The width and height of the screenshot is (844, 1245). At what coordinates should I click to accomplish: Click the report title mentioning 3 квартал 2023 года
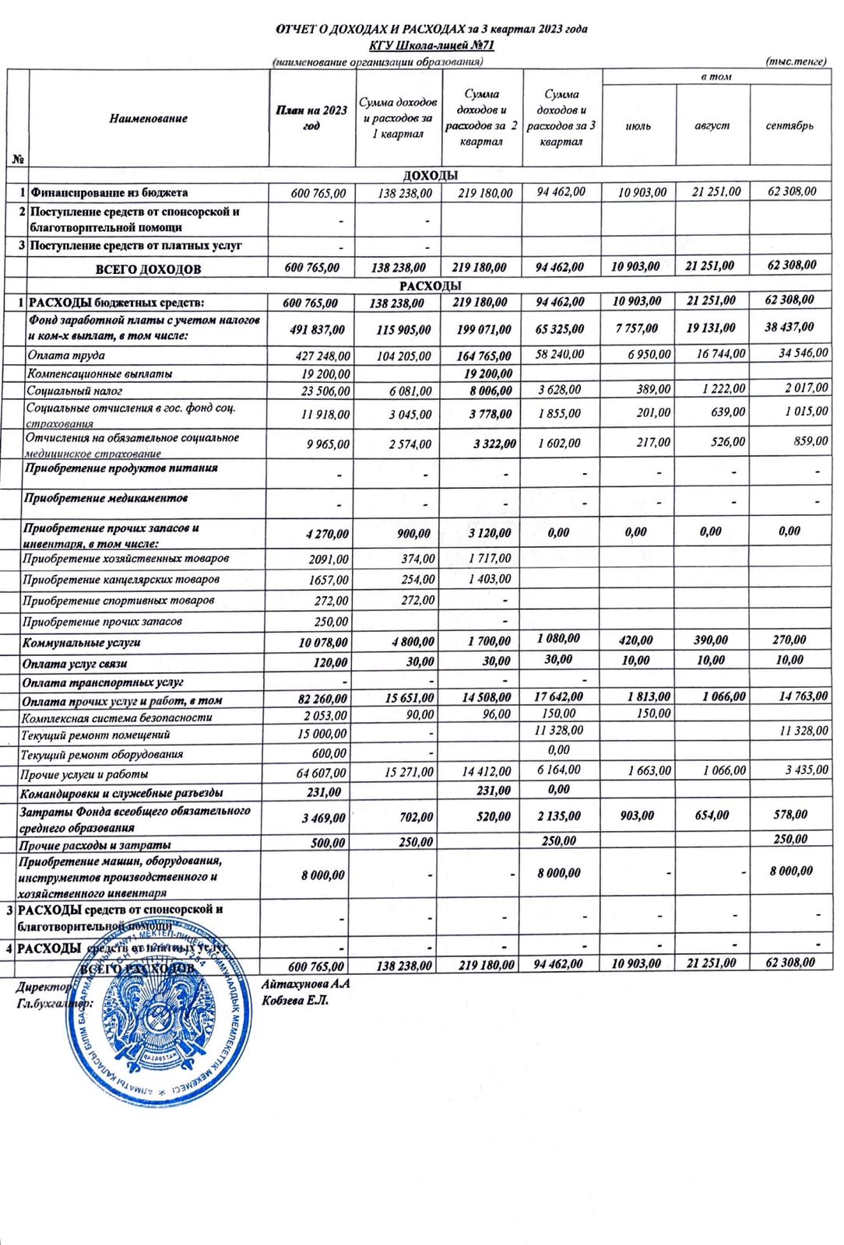tap(431, 30)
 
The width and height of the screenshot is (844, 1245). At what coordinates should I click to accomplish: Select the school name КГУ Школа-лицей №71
tap(431, 45)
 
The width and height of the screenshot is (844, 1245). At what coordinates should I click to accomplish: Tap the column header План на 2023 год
tap(311, 117)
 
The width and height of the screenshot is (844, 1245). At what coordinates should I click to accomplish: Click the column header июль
tap(638, 125)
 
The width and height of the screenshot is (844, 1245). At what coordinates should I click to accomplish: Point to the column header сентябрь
tap(789, 125)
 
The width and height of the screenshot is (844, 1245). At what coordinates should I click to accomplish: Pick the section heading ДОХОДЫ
tap(430, 175)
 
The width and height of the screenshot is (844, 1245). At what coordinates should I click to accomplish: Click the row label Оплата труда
tap(66, 355)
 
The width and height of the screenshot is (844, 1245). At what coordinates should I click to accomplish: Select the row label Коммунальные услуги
tap(82, 643)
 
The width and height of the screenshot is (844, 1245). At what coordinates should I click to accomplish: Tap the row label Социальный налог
tap(74, 391)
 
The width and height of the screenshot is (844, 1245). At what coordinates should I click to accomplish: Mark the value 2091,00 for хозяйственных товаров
tap(329, 559)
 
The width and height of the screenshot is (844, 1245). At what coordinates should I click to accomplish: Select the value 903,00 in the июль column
tap(637, 815)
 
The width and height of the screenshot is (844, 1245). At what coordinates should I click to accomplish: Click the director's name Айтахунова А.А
tap(305, 984)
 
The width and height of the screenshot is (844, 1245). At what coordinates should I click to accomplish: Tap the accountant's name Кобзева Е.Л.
tap(295, 1000)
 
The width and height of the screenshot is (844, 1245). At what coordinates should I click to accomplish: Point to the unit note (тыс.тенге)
tap(795, 61)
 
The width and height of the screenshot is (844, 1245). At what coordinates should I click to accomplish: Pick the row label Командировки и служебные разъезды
tap(121, 793)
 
